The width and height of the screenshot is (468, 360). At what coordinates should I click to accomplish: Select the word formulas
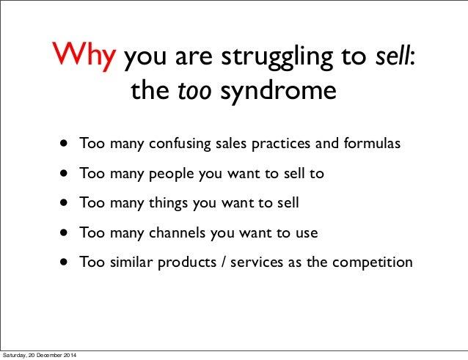point(373,143)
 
